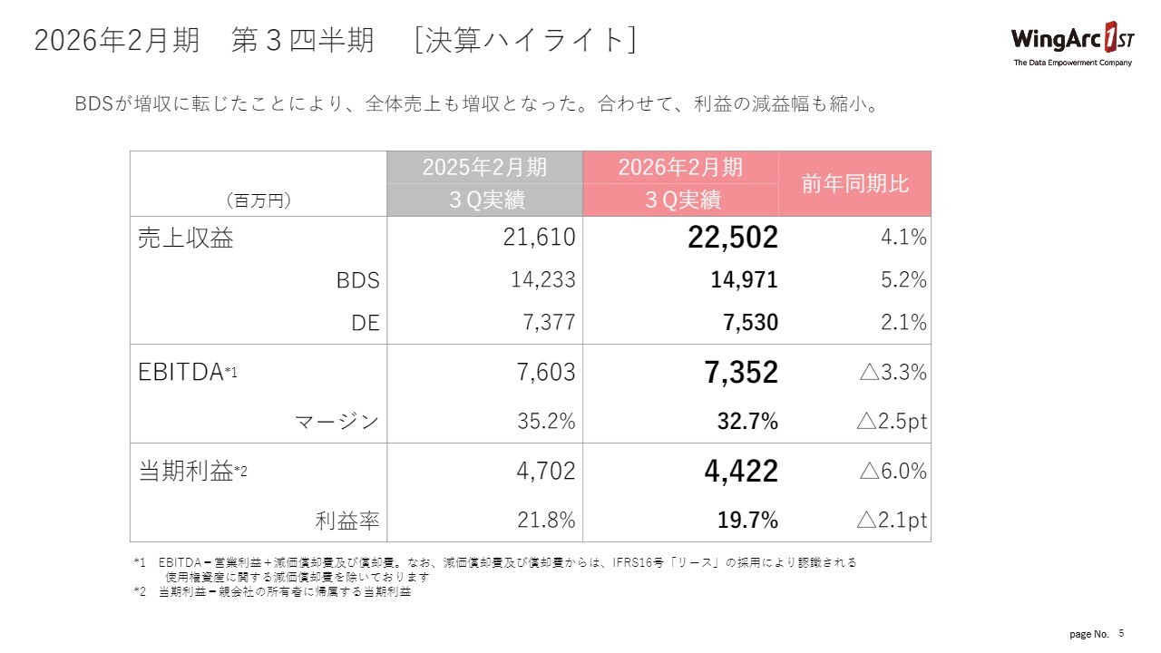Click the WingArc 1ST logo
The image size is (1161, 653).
[1071, 43]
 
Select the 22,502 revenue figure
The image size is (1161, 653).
[732, 238]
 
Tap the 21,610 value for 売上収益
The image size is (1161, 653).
[539, 238]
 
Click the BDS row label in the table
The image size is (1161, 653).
[357, 281]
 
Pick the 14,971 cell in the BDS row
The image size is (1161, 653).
[743, 280]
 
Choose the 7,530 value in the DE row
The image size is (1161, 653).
[748, 323]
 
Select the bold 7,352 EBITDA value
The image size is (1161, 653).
[740, 372]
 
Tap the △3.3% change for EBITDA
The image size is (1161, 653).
[892, 372]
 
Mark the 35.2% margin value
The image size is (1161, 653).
[542, 422]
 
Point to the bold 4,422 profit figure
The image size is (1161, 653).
[740, 472]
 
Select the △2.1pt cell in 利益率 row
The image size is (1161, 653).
[892, 521]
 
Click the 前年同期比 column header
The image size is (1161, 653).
[854, 183]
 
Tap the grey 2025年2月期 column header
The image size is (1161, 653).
[484, 168]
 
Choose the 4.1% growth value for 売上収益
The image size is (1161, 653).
[903, 238]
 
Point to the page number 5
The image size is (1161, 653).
[1121, 632]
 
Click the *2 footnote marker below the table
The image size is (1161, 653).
[139, 592]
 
